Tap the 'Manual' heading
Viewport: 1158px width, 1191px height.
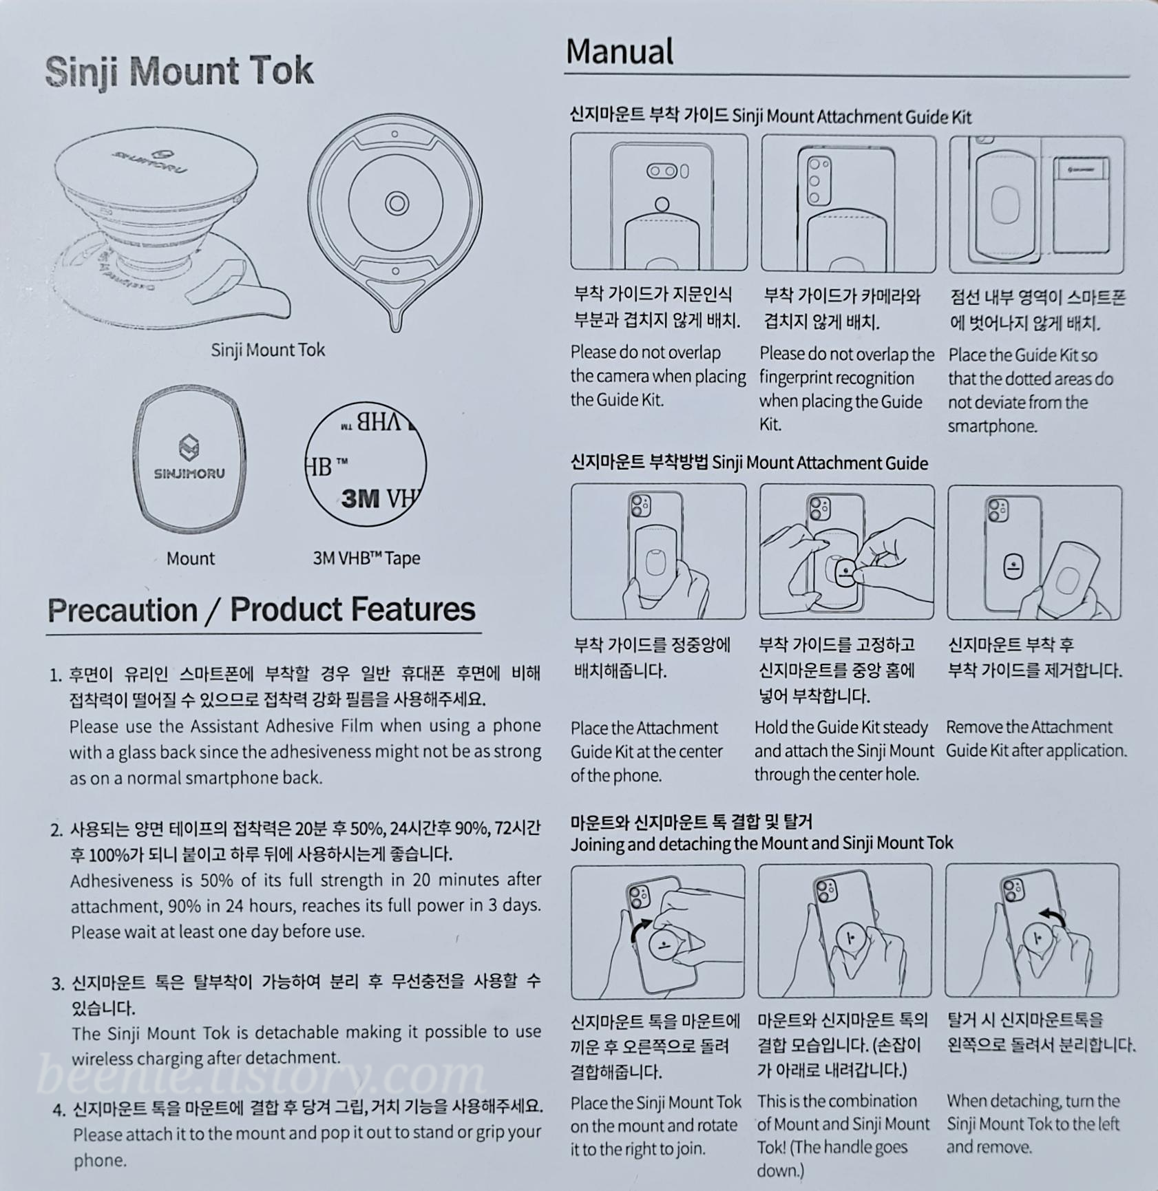click(x=620, y=52)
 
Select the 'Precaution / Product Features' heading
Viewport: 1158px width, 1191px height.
click(x=262, y=610)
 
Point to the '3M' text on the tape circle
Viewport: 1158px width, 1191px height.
click(x=360, y=497)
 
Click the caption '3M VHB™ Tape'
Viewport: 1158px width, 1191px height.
click(x=366, y=558)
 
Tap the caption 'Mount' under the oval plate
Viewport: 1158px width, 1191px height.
click(x=191, y=558)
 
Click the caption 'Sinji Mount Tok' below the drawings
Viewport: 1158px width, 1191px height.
click(x=268, y=350)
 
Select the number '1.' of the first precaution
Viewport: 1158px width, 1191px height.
click(x=56, y=675)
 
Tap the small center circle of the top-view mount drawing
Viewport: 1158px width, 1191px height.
click(x=396, y=203)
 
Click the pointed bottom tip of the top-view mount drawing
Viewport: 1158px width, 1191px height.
click(x=396, y=329)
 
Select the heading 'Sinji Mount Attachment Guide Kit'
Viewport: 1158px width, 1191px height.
click(x=852, y=116)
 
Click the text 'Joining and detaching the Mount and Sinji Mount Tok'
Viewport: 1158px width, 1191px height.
click(x=761, y=843)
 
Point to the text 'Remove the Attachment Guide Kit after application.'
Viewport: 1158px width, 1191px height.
click(x=1036, y=739)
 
